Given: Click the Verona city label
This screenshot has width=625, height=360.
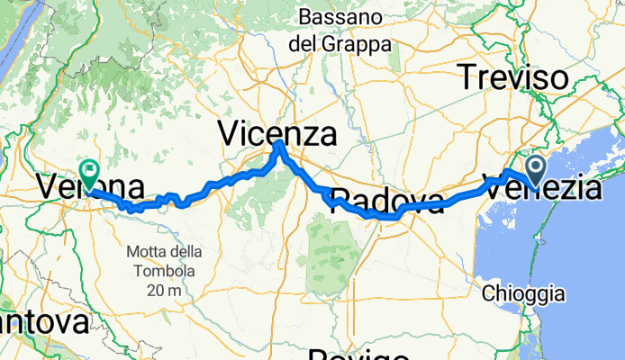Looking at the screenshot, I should point(90,188).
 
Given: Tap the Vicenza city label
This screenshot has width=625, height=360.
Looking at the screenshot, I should point(276,135).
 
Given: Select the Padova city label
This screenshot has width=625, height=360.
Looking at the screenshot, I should point(387,201).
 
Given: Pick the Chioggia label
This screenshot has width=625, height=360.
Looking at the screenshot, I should point(523,293).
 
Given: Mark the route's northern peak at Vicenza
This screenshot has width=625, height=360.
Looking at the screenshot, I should point(279,143).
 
